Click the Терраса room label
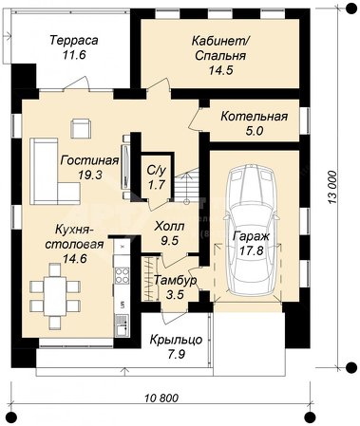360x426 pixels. coord(74,41)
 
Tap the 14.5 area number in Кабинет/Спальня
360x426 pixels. coord(220,70)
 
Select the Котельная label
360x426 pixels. coord(255,117)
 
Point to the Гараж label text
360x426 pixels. coord(252,236)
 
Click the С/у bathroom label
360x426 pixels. coord(157,171)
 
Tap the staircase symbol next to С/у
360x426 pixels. coord(186,187)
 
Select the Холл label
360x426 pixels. coord(169,227)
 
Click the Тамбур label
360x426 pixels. coord(175,281)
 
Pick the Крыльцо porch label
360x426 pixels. coord(176,340)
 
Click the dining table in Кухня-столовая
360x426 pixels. coord(55,296)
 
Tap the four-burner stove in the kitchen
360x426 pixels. coord(122,275)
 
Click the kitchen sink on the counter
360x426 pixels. coord(122,324)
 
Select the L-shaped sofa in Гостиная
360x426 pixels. coord(54,171)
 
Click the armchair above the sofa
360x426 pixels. coord(81,128)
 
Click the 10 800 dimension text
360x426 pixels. coord(161,398)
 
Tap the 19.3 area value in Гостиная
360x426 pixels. coord(90,175)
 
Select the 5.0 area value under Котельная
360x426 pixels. coord(255,131)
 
